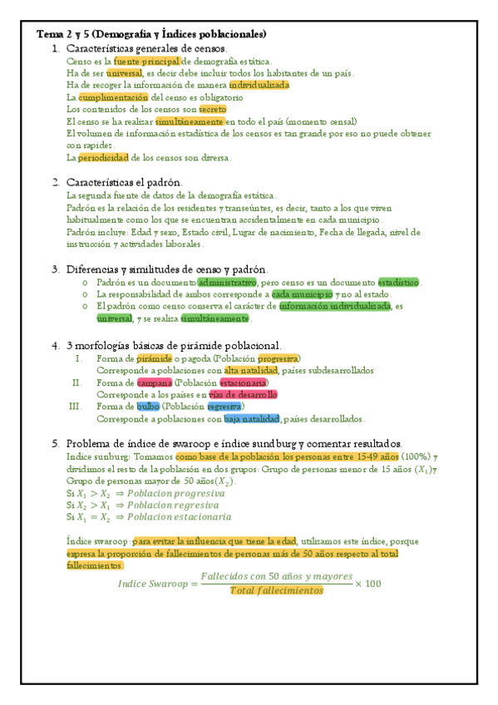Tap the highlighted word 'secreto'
point(212,109)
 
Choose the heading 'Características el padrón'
point(125,182)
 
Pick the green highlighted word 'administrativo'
point(227,282)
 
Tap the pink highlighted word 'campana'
point(155,382)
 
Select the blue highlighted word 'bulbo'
point(148,407)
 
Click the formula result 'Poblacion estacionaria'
point(190,516)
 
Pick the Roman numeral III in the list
point(76,407)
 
